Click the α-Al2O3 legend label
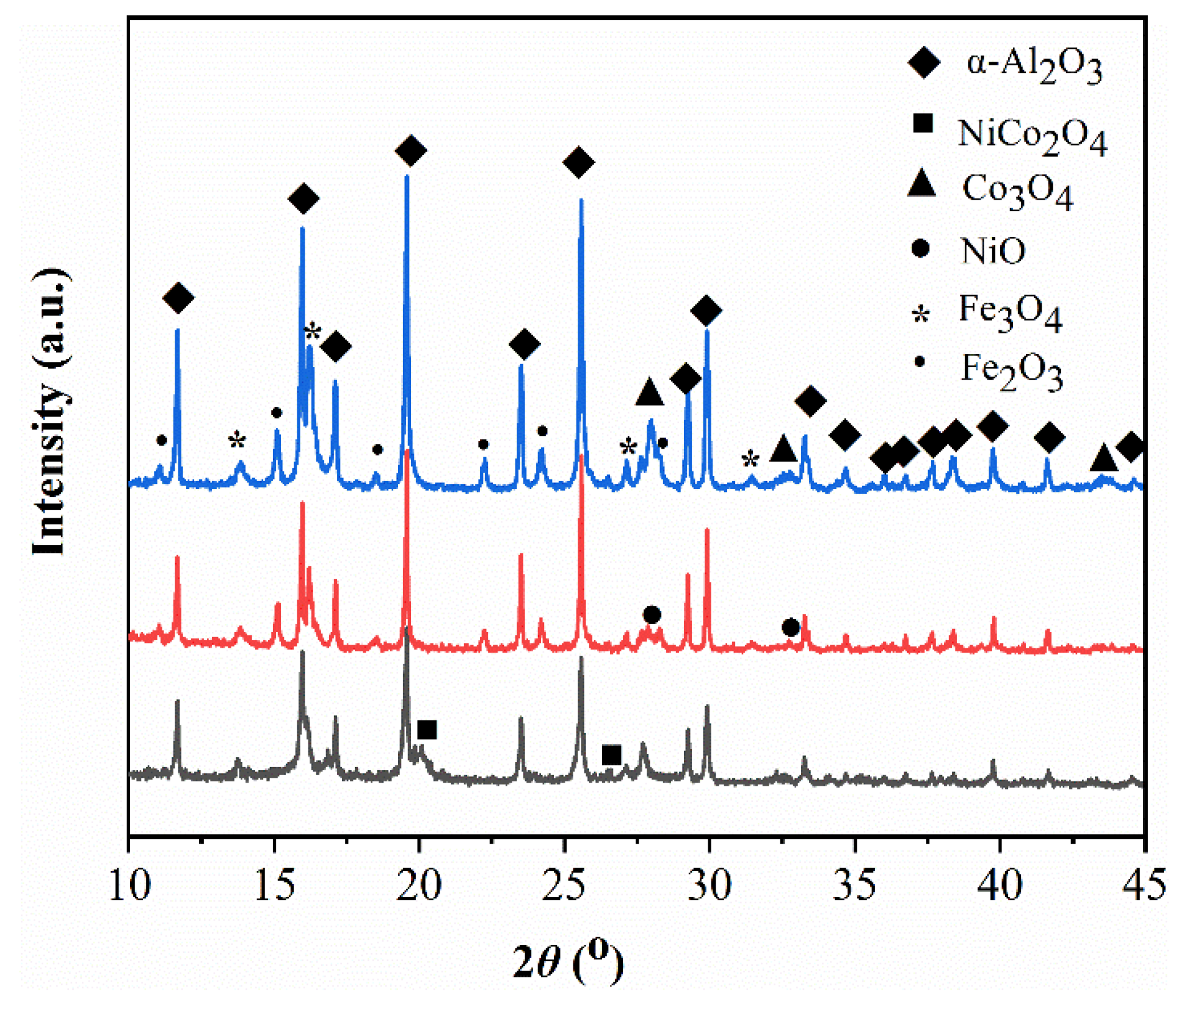click(1034, 66)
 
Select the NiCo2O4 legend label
click(1032, 134)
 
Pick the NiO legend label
click(993, 250)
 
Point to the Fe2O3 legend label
click(1012, 370)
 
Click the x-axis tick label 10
click(129, 885)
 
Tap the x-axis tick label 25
click(565, 885)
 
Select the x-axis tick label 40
click(1000, 885)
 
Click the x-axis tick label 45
click(1144, 885)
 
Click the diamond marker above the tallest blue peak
click(410, 151)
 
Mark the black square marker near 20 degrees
click(427, 730)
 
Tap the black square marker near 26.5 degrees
click(611, 755)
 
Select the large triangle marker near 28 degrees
click(649, 392)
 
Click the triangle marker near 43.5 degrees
click(1103, 458)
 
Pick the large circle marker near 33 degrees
click(791, 627)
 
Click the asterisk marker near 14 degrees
click(237, 440)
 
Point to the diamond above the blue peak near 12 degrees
click(178, 298)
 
